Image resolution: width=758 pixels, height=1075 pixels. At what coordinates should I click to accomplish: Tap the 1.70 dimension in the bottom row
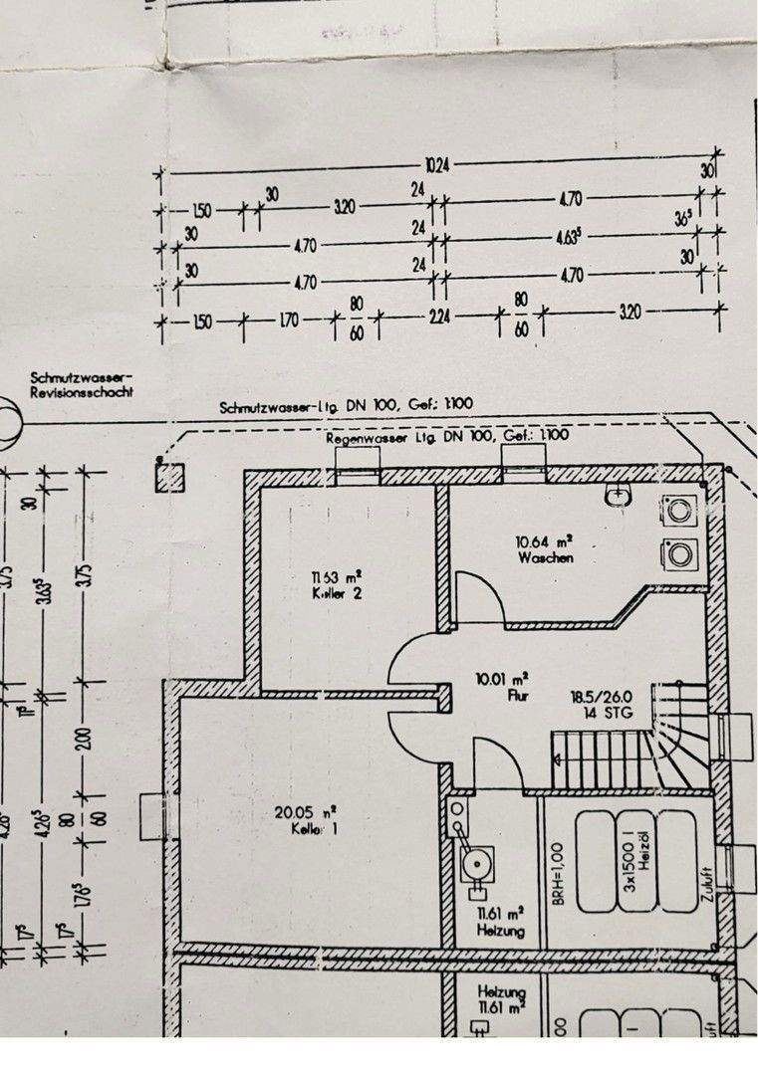coord(289,321)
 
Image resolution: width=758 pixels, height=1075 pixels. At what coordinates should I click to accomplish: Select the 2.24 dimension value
coord(437,321)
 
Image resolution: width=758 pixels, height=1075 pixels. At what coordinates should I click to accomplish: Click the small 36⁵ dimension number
coord(683,218)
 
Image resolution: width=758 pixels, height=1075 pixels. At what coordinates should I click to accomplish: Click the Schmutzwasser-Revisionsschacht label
coord(82,384)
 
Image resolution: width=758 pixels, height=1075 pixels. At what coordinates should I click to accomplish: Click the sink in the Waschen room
coord(619,494)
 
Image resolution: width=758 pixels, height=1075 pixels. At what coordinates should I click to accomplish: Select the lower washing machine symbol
coord(681,552)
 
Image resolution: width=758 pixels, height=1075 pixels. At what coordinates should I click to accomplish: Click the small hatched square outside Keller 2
coord(169,477)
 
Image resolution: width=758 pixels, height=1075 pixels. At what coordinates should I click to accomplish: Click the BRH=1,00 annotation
coord(560,858)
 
